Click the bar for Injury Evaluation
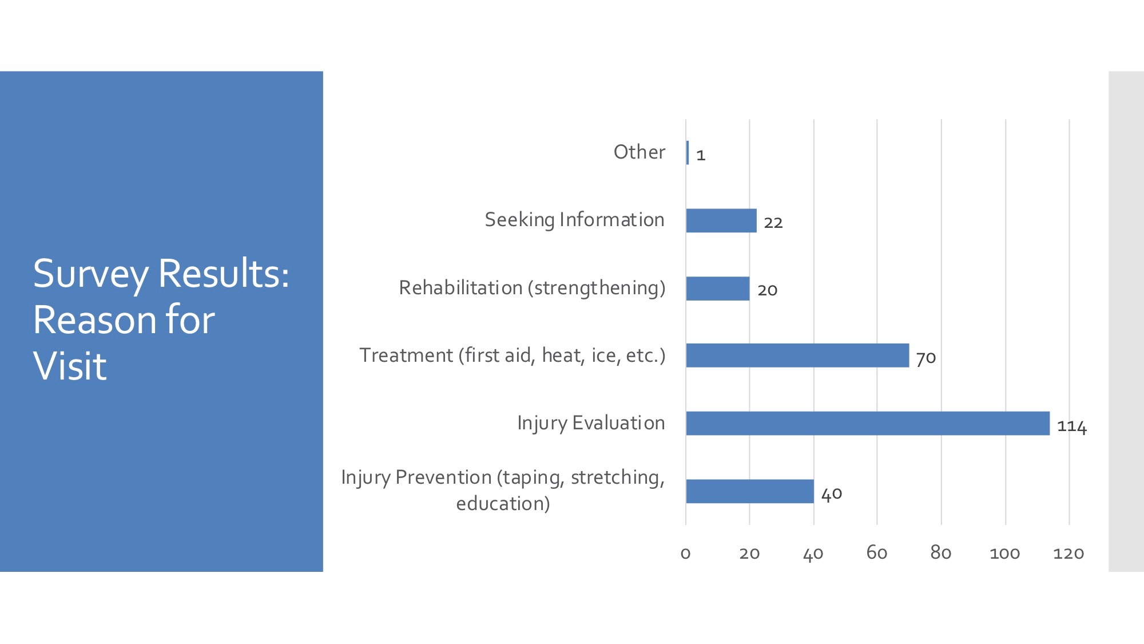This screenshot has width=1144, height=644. point(868,423)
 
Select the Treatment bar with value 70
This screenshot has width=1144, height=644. point(797,355)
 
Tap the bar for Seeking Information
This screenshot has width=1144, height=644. point(721,220)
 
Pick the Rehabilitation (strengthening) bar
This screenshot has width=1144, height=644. point(718,289)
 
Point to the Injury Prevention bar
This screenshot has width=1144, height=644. point(750,491)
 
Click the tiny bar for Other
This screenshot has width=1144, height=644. point(688,153)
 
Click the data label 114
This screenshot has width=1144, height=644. point(1072,426)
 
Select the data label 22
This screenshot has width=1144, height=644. point(773,223)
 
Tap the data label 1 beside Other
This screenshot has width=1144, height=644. point(701,155)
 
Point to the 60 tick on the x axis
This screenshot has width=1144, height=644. point(876,552)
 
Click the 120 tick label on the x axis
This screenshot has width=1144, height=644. point(1068,554)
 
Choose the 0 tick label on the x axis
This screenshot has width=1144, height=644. point(685,554)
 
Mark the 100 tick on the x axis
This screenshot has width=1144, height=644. point(1004,554)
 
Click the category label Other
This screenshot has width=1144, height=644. point(639,152)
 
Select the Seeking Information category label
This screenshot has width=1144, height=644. point(574,220)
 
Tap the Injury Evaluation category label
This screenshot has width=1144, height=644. point(591,423)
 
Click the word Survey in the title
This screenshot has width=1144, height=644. point(91,275)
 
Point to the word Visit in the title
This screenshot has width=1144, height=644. point(70,366)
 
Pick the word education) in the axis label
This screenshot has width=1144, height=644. point(503,504)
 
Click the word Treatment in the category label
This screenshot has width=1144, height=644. point(406,355)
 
